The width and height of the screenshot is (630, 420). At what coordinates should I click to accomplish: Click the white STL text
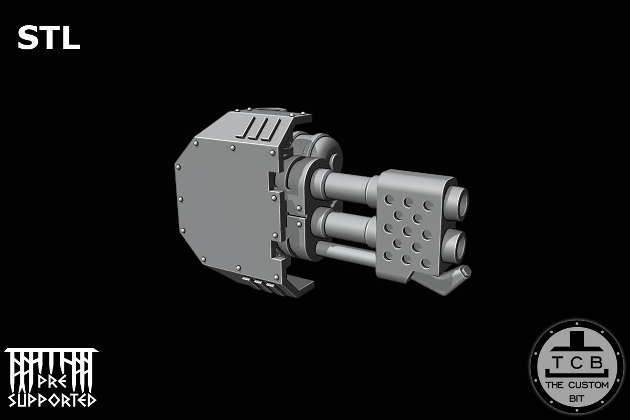click(48, 38)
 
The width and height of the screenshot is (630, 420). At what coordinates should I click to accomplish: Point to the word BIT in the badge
click(576, 398)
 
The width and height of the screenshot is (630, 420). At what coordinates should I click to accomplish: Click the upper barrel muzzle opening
click(459, 203)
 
